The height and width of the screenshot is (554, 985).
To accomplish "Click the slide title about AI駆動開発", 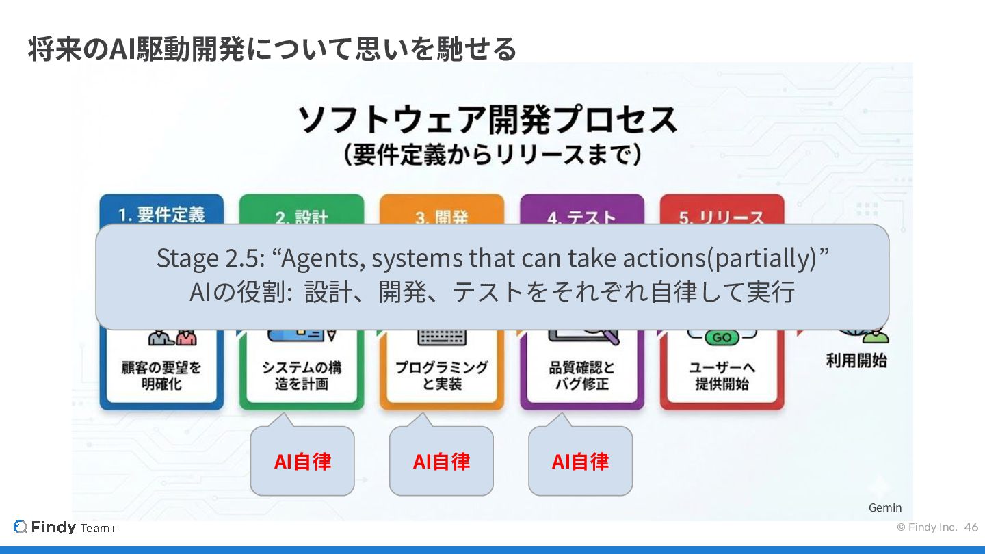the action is (x=272, y=49).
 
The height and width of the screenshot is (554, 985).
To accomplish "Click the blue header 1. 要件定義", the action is (x=161, y=214).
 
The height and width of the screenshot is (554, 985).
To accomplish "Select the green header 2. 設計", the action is (x=302, y=217).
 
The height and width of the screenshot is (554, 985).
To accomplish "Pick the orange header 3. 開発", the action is (x=442, y=217).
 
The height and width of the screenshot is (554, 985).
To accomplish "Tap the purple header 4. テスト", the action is (x=581, y=217).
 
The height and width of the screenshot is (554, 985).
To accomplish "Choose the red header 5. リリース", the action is (x=722, y=217).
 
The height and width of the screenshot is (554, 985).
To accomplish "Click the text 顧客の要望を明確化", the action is (x=161, y=375).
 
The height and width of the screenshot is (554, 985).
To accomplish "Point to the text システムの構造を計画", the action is (x=302, y=375).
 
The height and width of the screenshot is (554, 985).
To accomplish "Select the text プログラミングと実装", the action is (x=442, y=375).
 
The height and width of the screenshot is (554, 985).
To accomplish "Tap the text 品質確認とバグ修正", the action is (x=581, y=375).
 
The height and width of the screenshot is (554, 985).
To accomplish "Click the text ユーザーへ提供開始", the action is (x=722, y=375).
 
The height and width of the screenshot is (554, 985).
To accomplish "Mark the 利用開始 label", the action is (x=856, y=360).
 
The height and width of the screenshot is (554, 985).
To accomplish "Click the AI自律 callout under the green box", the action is (x=302, y=462).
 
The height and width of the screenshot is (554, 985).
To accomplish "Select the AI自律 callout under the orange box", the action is (x=441, y=462).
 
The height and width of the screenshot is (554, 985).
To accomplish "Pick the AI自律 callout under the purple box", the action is (x=580, y=462).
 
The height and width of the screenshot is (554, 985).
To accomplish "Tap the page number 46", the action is (x=971, y=527).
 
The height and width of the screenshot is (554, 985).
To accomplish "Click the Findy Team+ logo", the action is (x=65, y=527).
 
